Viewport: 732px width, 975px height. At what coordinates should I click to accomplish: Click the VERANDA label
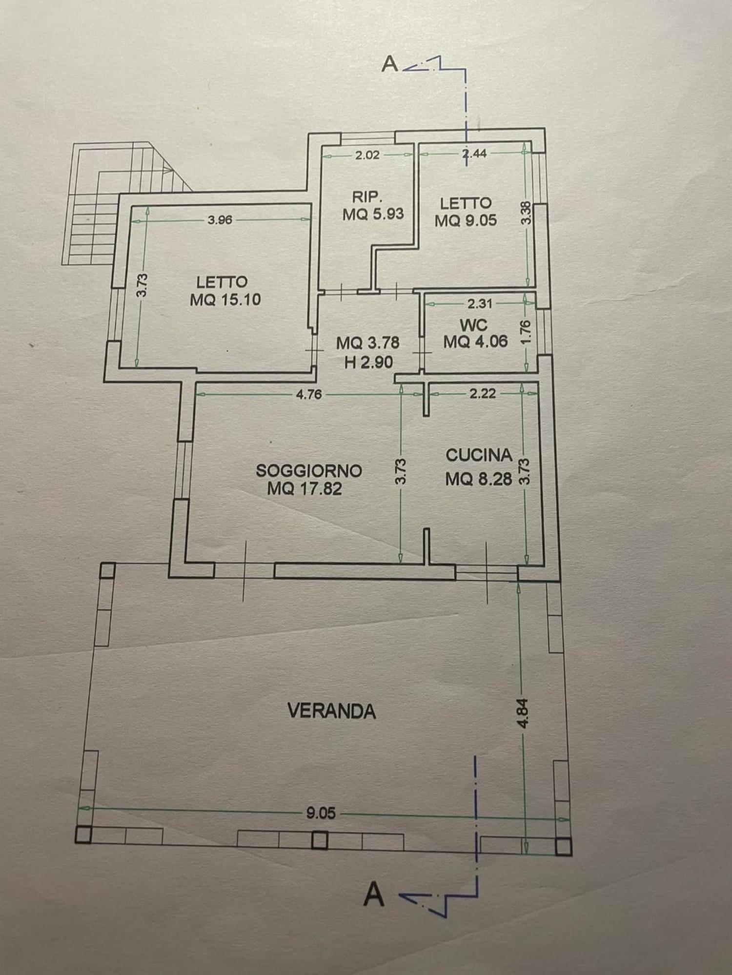[x=332, y=711]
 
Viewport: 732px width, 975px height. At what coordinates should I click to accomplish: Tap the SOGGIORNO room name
[x=309, y=470]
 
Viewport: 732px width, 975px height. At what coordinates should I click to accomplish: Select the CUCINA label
[x=479, y=455]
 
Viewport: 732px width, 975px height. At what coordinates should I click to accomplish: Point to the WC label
[x=473, y=324]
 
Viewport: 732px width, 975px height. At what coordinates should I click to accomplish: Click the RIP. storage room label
[x=367, y=197]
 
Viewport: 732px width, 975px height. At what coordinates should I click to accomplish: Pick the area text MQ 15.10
[x=225, y=299]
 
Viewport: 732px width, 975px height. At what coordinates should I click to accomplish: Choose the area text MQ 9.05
[x=466, y=220]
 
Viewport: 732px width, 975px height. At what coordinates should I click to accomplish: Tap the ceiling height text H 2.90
[x=368, y=363]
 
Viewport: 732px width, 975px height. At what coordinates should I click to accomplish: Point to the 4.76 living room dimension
[x=309, y=394]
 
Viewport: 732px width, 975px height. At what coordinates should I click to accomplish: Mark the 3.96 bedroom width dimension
[x=220, y=220]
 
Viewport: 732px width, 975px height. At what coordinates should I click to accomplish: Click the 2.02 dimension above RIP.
[x=367, y=156]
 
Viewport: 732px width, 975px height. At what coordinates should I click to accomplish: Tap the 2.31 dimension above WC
[x=480, y=304]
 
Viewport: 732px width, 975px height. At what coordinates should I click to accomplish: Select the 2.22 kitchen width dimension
[x=483, y=393]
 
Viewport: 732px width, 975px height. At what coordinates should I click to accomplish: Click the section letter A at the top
[x=389, y=63]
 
